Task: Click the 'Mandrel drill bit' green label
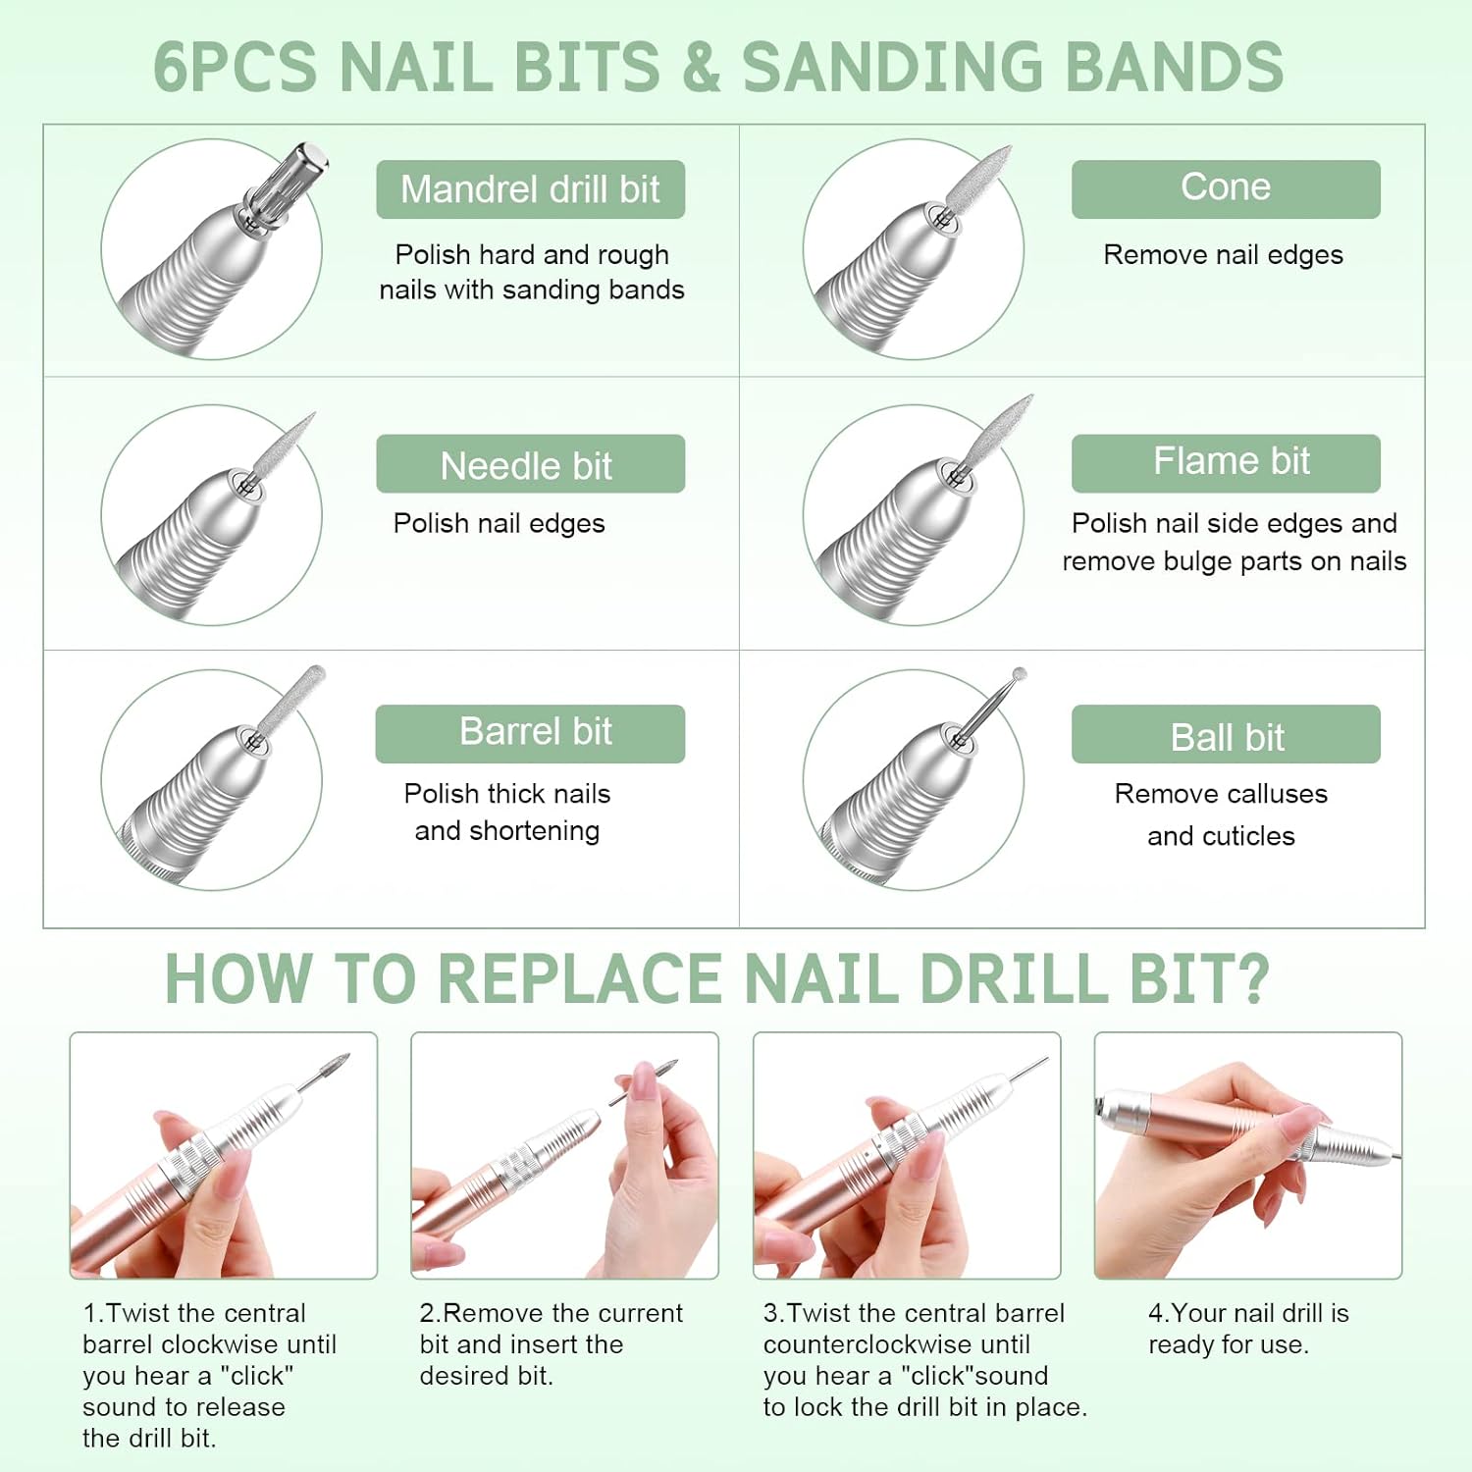(x=530, y=189)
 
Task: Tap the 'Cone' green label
(x=1226, y=189)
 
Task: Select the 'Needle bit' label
(x=530, y=463)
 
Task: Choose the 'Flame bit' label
(x=1226, y=463)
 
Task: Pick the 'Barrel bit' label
(x=530, y=734)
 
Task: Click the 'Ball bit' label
(x=1226, y=734)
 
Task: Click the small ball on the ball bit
(x=1020, y=675)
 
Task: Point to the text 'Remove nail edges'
(x=1223, y=255)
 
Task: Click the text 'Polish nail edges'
(x=499, y=524)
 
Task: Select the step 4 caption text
(x=1248, y=1329)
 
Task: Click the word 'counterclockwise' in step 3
(x=896, y=1344)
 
